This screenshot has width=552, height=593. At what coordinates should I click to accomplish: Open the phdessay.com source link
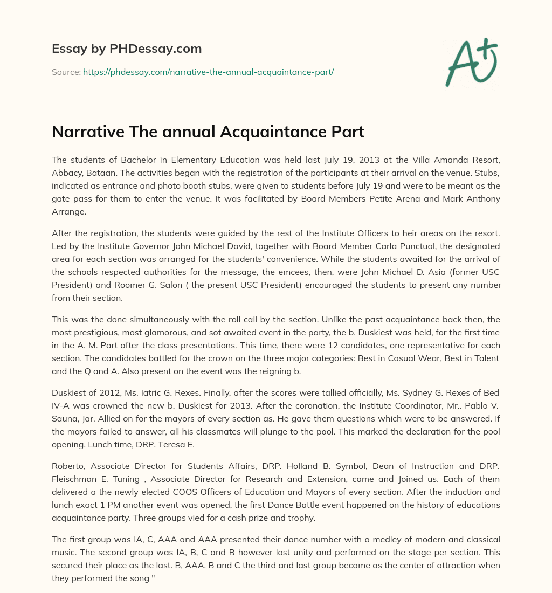(208, 72)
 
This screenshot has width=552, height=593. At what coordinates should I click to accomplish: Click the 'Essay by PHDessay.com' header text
(127, 49)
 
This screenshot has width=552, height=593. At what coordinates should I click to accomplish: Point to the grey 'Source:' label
(66, 72)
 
